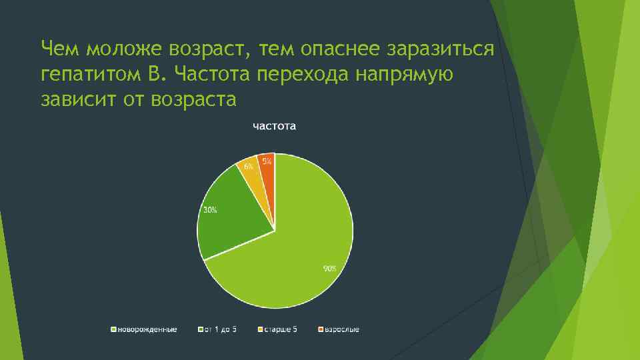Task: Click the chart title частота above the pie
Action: (x=274, y=126)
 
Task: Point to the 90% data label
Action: (x=330, y=269)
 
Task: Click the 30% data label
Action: (x=209, y=210)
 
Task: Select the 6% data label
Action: (x=248, y=166)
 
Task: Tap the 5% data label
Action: (x=267, y=161)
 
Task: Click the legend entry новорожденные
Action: (x=147, y=330)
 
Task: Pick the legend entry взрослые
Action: (x=341, y=330)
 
